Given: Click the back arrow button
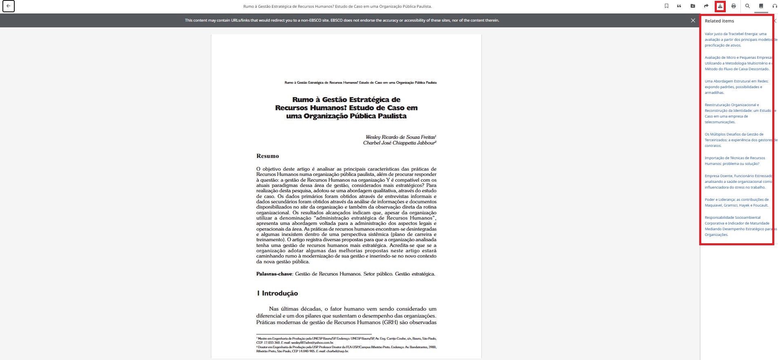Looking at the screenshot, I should [x=9, y=6].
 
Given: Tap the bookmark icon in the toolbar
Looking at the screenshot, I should [x=667, y=6].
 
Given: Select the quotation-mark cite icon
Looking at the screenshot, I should [x=679, y=6].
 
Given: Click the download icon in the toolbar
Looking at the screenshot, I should [x=720, y=6].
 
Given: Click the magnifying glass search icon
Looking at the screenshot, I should [x=747, y=6].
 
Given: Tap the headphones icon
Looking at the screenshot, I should [x=774, y=6].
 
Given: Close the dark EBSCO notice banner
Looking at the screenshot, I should [x=693, y=20].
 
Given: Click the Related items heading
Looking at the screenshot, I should [x=719, y=21].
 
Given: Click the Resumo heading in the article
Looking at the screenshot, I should [x=267, y=156].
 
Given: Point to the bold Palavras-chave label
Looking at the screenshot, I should [x=274, y=274].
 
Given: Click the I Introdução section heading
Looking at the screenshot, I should [x=278, y=293].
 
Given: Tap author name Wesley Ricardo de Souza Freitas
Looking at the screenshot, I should [x=400, y=137].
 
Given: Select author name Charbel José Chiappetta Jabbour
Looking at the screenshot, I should [x=399, y=143].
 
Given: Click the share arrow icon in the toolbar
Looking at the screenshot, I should [x=706, y=6].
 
